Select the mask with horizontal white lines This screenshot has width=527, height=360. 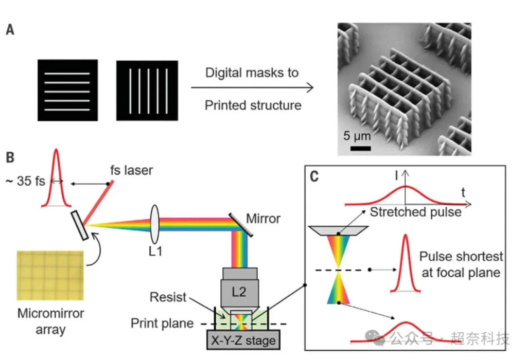pyautogui.click(x=67, y=90)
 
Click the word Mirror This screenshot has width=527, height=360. pyautogui.click(x=263, y=219)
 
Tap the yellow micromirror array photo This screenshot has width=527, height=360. pyautogui.click(x=50, y=275)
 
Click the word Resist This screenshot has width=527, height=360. pyautogui.click(x=167, y=297)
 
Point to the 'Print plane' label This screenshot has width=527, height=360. pyautogui.click(x=162, y=323)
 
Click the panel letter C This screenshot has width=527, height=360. pyautogui.click(x=314, y=177)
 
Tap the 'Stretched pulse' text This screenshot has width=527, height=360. pyautogui.click(x=415, y=212)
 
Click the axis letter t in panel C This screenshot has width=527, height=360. pyautogui.click(x=464, y=193)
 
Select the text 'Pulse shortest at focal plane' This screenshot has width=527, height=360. pyautogui.click(x=461, y=264)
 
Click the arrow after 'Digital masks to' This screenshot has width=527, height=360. pyautogui.click(x=252, y=88)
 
